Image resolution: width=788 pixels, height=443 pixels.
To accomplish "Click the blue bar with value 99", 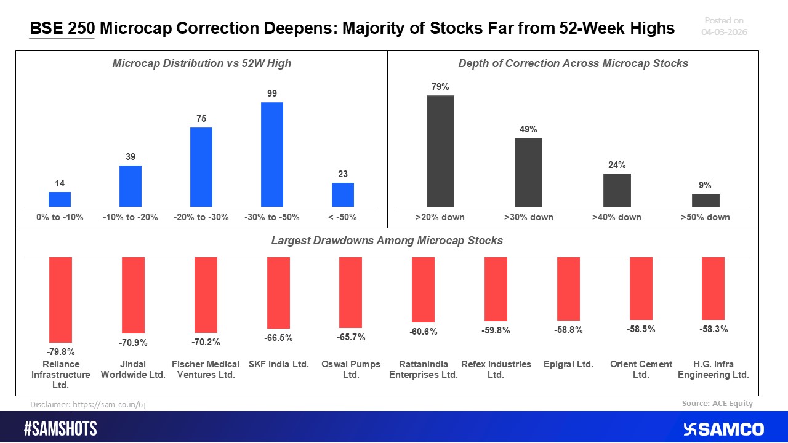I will click(272, 154).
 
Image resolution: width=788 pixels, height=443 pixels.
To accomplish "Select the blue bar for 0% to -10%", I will click(60, 199).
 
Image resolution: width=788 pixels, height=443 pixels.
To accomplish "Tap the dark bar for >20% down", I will click(440, 151).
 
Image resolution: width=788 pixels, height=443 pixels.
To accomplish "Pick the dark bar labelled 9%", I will click(706, 201).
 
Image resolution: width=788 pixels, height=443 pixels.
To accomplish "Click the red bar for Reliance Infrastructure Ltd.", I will click(61, 299).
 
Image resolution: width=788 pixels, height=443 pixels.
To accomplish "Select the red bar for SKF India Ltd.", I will click(278, 293).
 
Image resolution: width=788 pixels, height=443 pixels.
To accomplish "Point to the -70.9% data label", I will click(133, 343).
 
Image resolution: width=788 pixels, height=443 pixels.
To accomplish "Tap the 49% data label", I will click(528, 129).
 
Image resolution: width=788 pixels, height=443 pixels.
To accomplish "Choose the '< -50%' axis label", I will click(343, 217).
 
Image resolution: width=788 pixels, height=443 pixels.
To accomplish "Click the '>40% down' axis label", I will click(617, 217).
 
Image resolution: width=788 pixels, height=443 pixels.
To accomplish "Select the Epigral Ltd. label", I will click(568, 364).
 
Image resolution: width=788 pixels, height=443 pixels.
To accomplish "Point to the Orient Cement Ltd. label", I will click(641, 369).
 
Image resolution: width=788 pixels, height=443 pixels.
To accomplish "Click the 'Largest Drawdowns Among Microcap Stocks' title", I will click(387, 241).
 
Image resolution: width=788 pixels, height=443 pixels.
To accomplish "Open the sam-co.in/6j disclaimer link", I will click(109, 404).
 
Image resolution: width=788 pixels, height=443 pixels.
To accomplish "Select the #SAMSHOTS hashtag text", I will click(60, 429).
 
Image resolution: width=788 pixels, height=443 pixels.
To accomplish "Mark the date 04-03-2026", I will click(724, 32).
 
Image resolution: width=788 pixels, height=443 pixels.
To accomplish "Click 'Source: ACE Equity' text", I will click(717, 404).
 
